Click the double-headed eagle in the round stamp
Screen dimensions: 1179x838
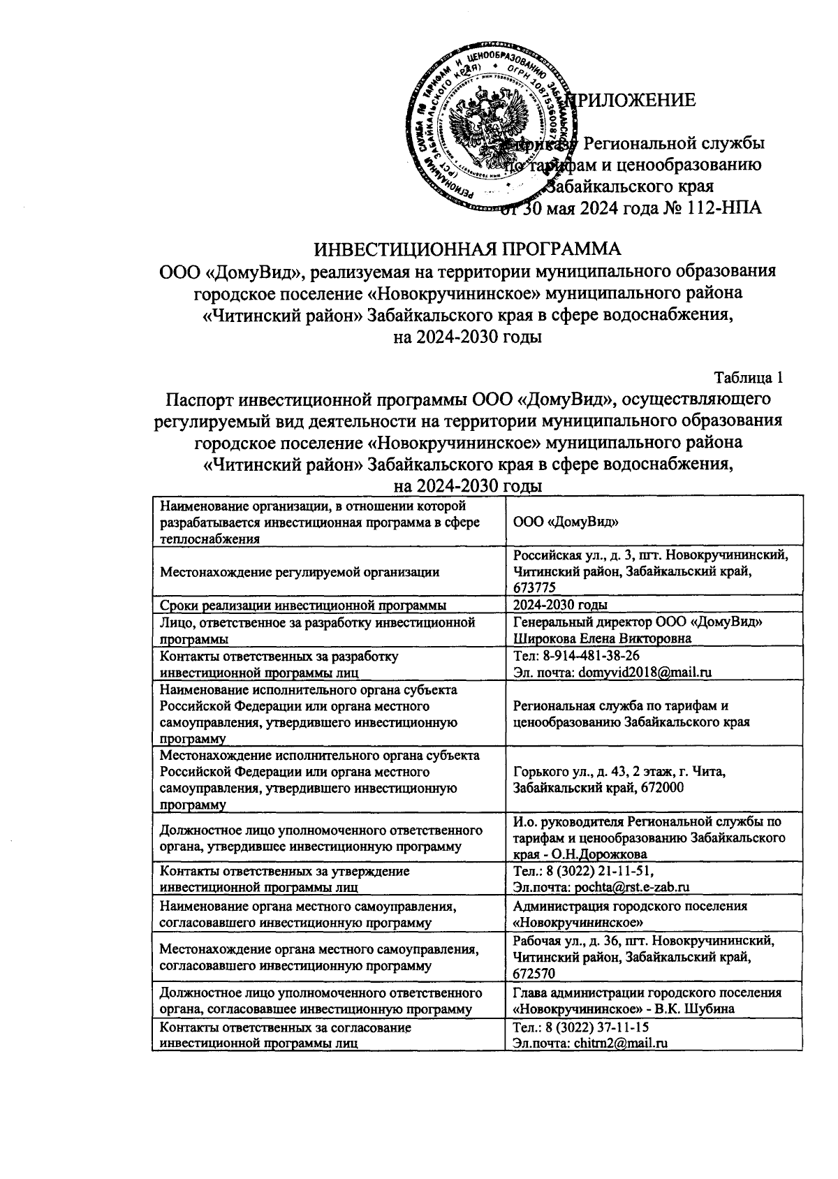click(x=487, y=121)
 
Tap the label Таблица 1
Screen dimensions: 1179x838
click(x=748, y=378)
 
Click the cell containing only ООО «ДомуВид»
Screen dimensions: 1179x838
click(x=566, y=522)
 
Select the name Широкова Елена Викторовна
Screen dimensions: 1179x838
click(x=602, y=638)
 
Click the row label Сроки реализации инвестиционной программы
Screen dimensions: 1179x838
click(x=304, y=605)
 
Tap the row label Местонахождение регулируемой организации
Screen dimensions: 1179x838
click(x=300, y=572)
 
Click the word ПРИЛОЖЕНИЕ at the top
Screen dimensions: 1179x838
click(x=635, y=100)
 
